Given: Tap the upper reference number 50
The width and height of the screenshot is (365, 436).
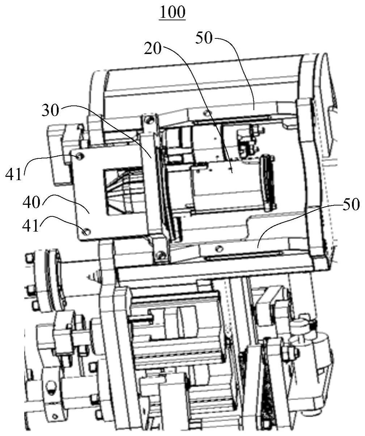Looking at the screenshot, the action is point(204,38).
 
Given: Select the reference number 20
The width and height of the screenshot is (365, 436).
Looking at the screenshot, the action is point(153,49).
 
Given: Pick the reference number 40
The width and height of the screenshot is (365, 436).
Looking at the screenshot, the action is point(31,202).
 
